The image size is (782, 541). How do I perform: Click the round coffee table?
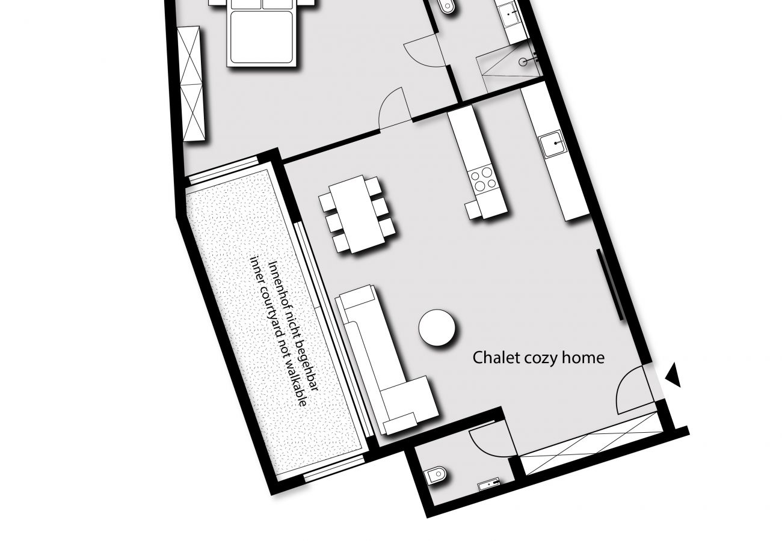(x=437, y=328)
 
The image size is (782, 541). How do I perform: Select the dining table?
(x=358, y=213)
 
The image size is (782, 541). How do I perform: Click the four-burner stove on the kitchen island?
(x=484, y=179)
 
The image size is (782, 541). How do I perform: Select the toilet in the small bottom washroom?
(x=435, y=477)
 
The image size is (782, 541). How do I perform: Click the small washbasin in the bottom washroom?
(x=488, y=482)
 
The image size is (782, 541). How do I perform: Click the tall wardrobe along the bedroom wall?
(x=194, y=84)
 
